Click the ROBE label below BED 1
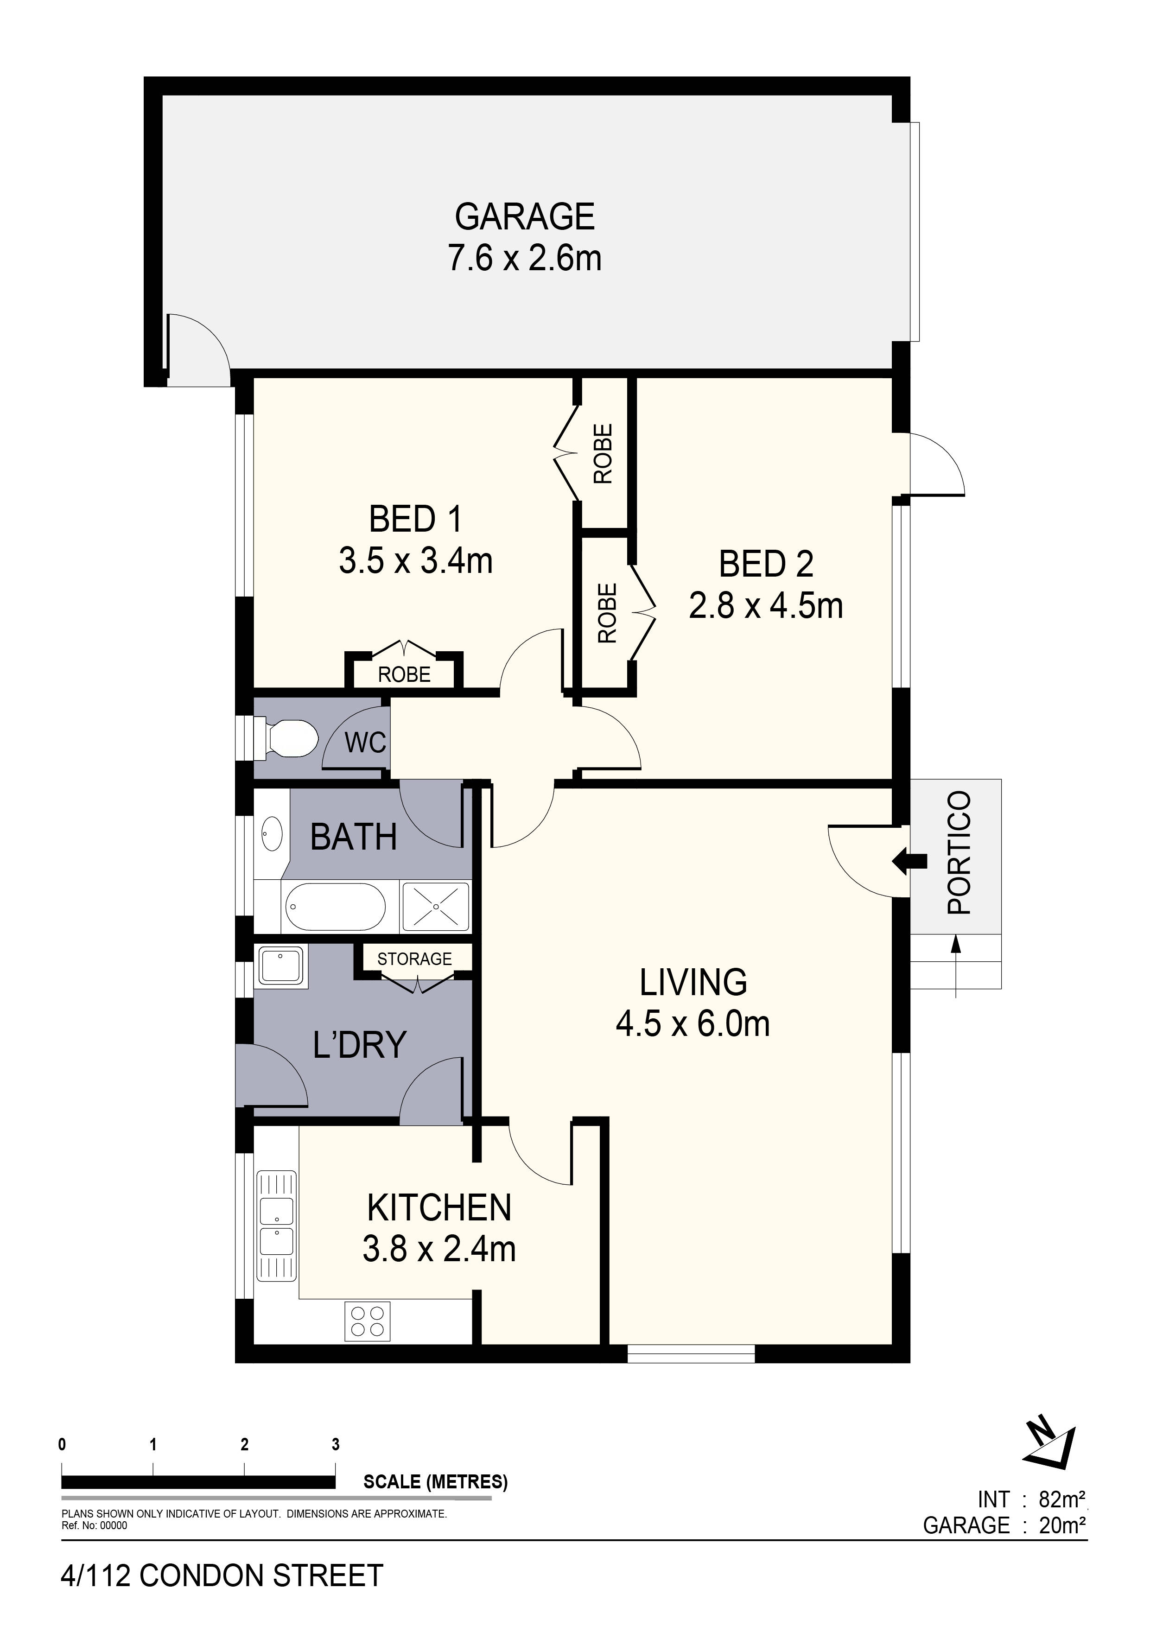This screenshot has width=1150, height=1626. tap(404, 674)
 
